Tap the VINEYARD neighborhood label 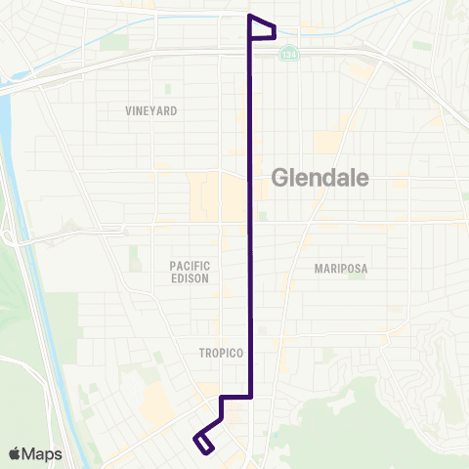(151, 111)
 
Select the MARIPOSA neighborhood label (339, 268)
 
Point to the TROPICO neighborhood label (218, 354)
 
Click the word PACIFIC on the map (190, 265)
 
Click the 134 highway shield (287, 54)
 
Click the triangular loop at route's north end (262, 28)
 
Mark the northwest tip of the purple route (251, 17)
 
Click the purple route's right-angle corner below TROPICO (253, 398)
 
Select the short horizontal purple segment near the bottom (237, 398)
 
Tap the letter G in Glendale (277, 178)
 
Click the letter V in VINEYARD (129, 111)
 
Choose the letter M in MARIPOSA (320, 268)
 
